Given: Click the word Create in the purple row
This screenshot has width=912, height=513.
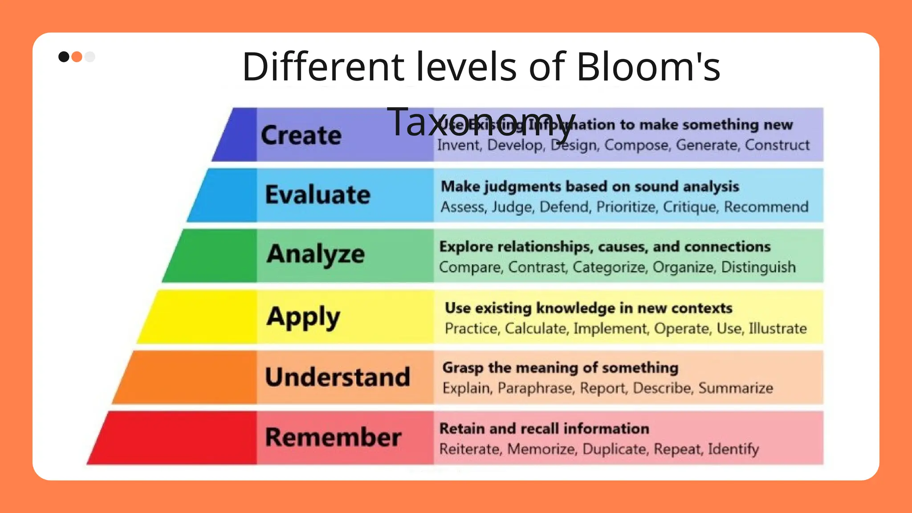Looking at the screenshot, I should click(301, 135).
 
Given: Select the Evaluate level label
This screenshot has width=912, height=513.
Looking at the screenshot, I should click(318, 195).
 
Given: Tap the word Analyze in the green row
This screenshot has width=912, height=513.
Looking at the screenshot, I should click(316, 254).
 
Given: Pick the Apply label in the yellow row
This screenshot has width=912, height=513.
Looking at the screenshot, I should click(303, 317).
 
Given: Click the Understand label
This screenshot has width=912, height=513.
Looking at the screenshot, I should click(338, 377).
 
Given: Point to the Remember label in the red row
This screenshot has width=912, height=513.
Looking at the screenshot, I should click(333, 437).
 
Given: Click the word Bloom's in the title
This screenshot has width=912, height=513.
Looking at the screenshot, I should click(648, 67).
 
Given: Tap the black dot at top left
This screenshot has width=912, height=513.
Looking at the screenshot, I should click(64, 57).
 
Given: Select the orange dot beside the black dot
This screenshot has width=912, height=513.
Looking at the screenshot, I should click(77, 57).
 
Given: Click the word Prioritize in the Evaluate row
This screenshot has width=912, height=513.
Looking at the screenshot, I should click(626, 207).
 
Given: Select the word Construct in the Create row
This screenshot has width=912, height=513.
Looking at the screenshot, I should click(777, 145).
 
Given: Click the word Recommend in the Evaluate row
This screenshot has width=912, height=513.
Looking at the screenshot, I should click(766, 207).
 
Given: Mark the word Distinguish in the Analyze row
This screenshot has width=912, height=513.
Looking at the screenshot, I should click(758, 267).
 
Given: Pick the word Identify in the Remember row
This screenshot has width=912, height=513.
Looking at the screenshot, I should click(733, 449).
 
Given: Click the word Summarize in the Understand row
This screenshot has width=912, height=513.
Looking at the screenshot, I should click(735, 388).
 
